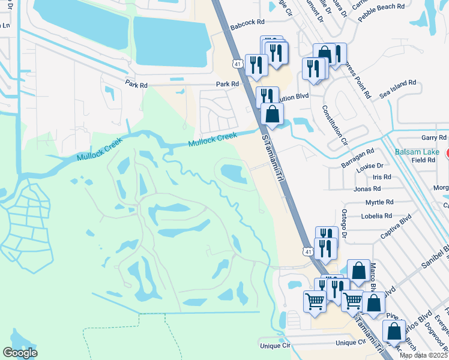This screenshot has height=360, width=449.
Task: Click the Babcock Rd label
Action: [247, 22]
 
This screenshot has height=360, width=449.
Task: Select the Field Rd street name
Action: [423, 160]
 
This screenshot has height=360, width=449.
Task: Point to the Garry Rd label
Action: [435, 138]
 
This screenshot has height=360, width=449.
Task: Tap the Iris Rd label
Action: [381, 177]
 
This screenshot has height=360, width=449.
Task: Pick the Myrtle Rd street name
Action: [379, 202]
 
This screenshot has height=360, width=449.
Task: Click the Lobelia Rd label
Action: [376, 215]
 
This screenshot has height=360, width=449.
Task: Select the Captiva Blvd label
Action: [394, 227]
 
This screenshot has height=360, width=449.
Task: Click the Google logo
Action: [20, 353]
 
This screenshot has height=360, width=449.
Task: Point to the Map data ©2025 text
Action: [424, 355]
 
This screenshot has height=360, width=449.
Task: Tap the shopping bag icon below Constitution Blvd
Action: [272, 114]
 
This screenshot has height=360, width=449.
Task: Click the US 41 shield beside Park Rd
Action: [238, 63]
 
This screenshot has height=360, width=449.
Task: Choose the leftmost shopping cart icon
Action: [315, 302]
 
